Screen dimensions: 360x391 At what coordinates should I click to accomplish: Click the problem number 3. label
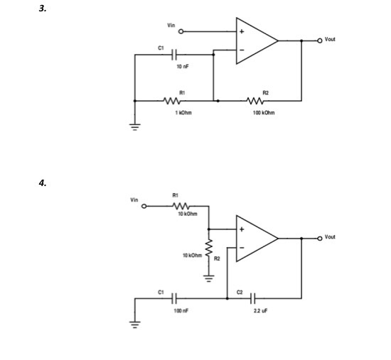pos(43,9)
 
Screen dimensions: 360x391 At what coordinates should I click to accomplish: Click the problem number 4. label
pos(43,183)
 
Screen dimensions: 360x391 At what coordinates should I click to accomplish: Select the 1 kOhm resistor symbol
pos(171,101)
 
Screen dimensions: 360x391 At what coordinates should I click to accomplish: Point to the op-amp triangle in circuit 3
pos(255,41)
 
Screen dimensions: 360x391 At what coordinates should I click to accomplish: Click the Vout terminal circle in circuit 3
pos(319,40)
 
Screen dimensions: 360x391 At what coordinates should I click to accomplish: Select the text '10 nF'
pos(182,67)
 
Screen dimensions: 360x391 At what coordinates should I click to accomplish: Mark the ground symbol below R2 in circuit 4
pos(208,278)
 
